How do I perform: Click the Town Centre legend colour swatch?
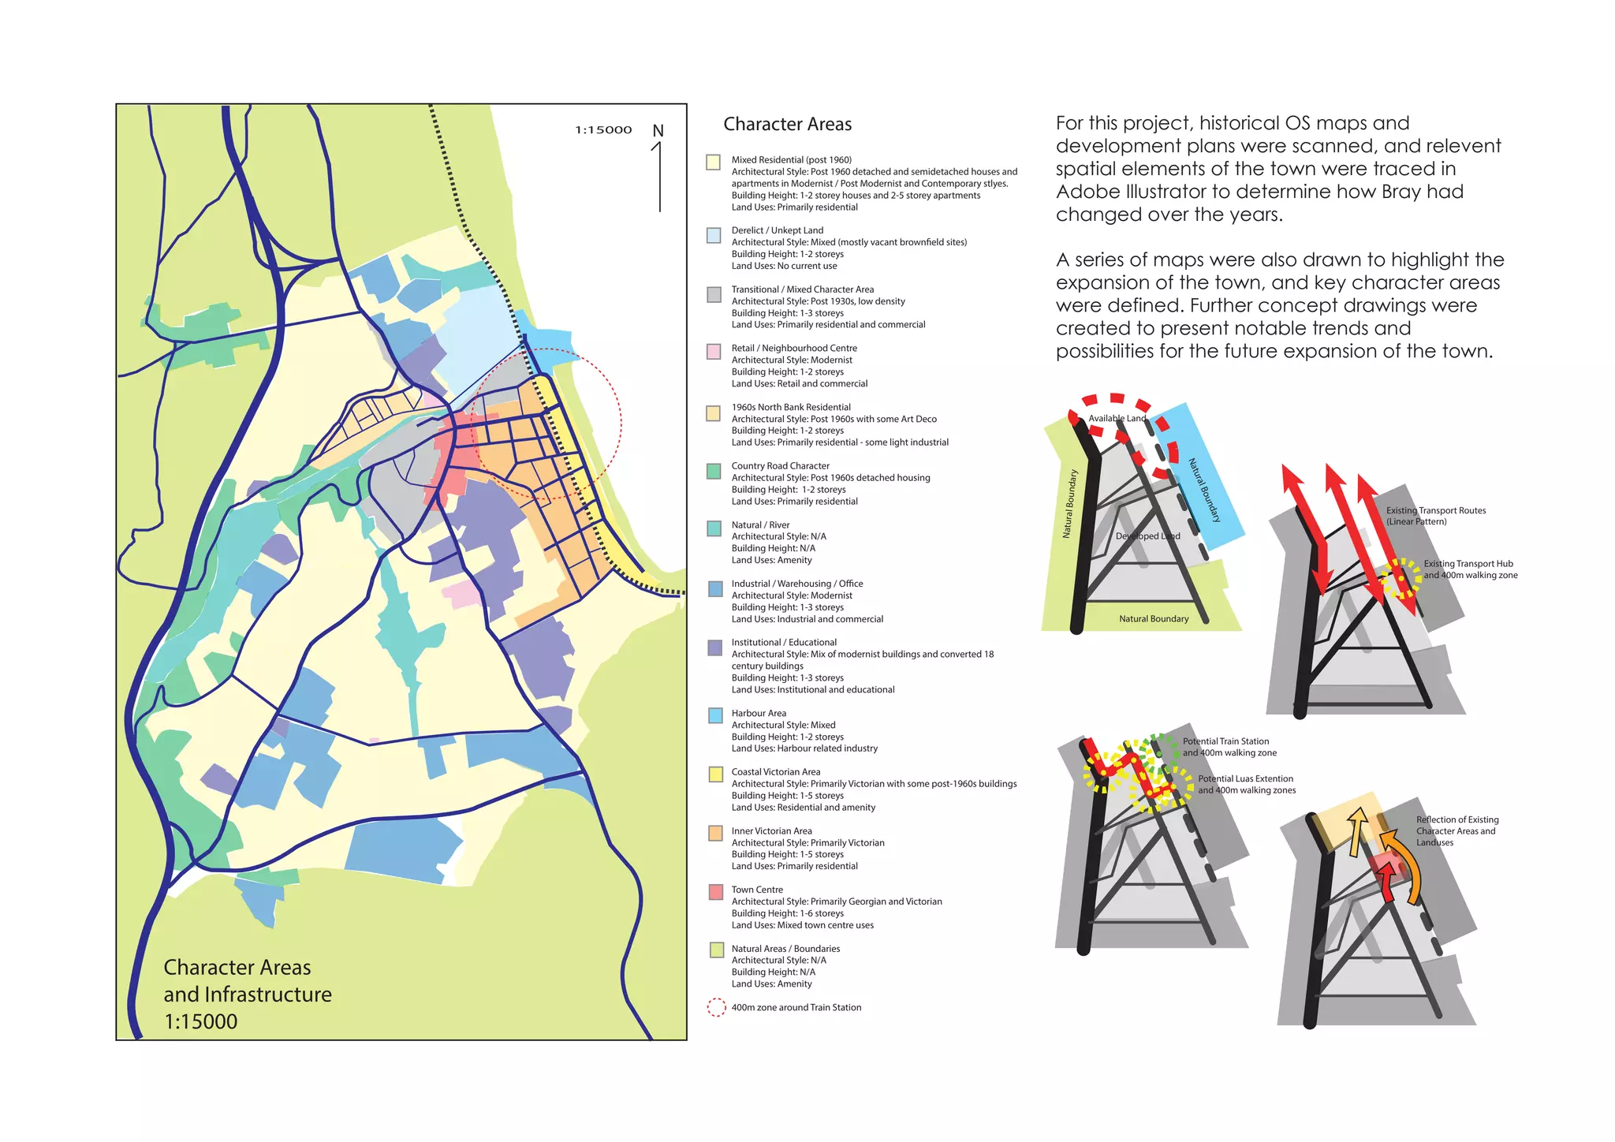point(715,892)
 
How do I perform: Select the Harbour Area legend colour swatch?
point(715,715)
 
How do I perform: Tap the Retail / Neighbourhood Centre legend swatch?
point(714,351)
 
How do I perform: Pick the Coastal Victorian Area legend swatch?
point(715,774)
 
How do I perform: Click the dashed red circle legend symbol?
point(716,1008)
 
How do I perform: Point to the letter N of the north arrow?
point(658,131)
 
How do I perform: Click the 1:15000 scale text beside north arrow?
point(603,130)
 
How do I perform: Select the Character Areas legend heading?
point(787,125)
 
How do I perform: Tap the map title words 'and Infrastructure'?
point(247,995)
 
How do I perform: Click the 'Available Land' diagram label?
point(1117,419)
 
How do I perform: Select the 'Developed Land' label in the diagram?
point(1147,536)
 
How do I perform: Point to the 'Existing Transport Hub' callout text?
point(1468,564)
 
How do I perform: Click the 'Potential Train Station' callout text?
point(1225,741)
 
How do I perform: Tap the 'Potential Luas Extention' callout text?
point(1245,779)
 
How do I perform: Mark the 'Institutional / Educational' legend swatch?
point(715,648)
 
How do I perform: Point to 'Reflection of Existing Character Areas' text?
point(1456,826)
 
